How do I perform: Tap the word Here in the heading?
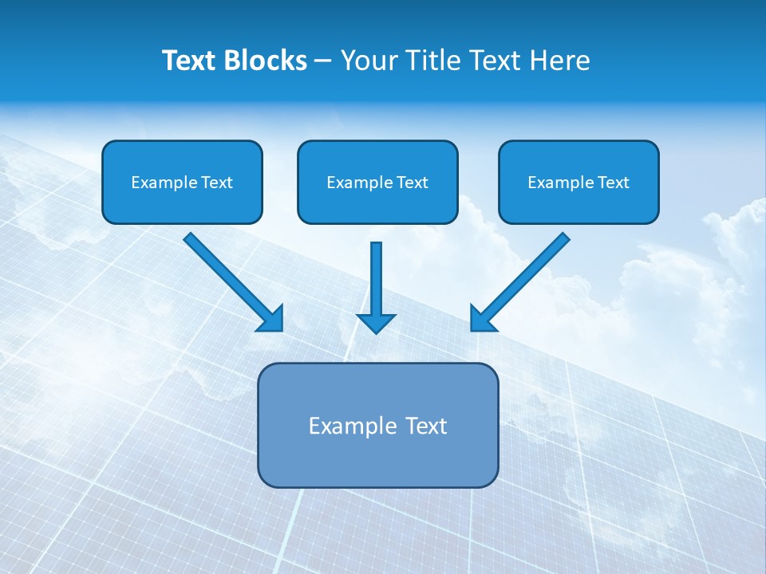[560, 61]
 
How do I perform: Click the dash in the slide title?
[323, 61]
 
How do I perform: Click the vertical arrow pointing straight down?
[376, 279]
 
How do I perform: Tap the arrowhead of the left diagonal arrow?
[271, 320]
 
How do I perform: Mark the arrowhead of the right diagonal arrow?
[482, 319]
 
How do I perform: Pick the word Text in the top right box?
[613, 183]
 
